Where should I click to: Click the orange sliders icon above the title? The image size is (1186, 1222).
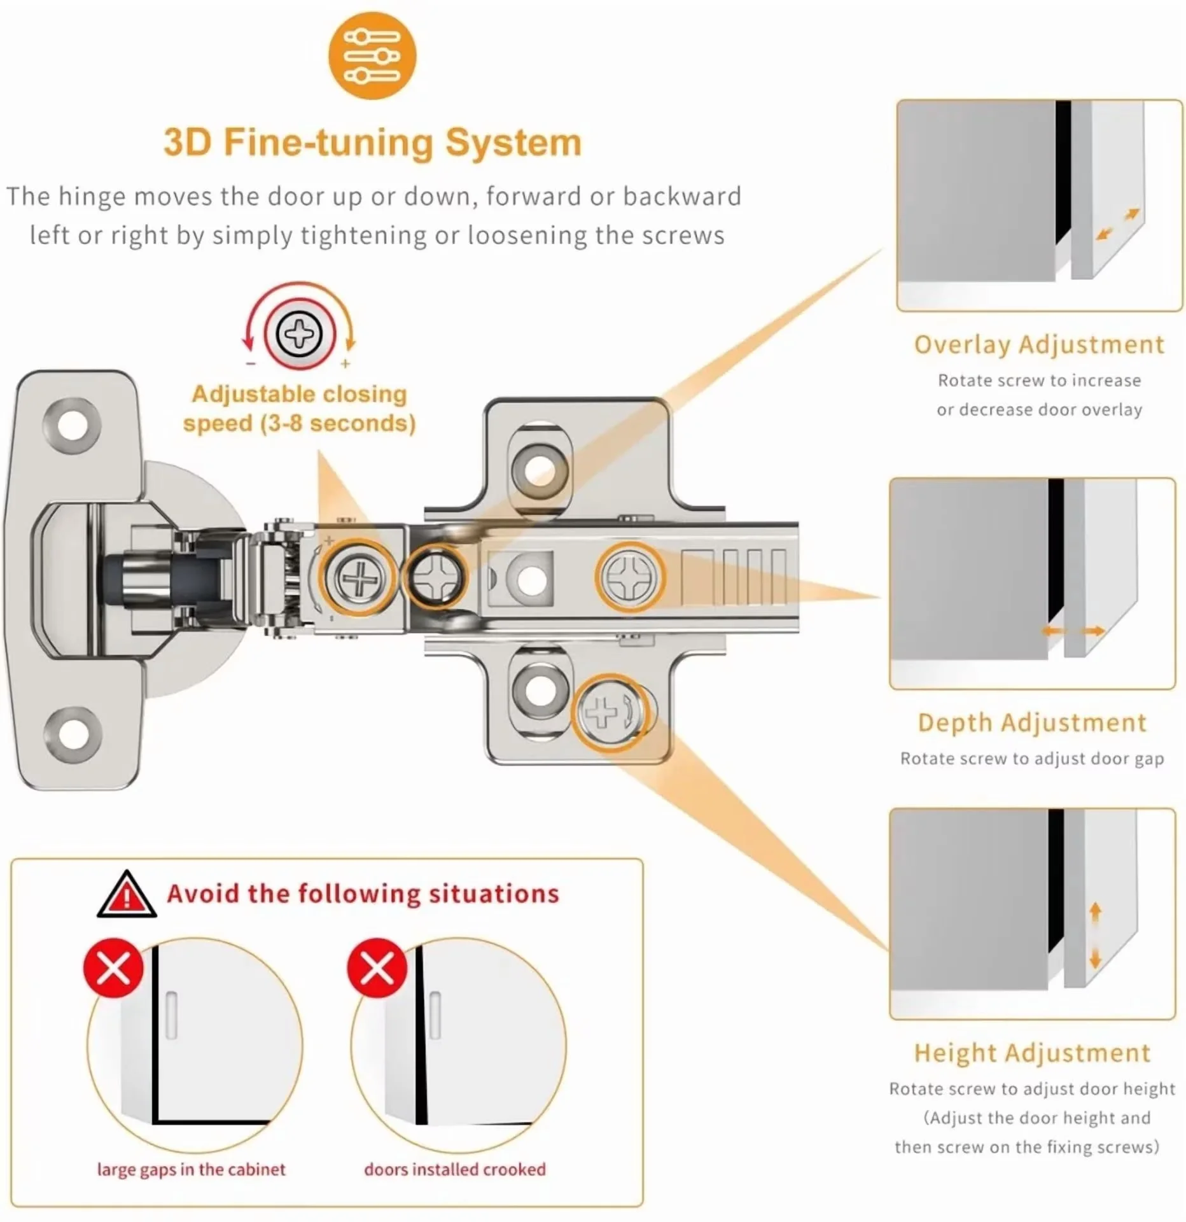click(x=372, y=56)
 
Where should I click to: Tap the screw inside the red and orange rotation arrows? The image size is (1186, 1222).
click(x=298, y=334)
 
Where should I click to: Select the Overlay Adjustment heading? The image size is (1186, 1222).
click(x=1038, y=345)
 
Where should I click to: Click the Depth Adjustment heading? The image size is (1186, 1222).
click(x=1032, y=723)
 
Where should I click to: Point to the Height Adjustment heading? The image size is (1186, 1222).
click(x=1032, y=1053)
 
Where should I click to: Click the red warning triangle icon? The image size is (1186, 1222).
click(x=127, y=894)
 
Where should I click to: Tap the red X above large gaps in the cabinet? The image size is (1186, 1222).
click(x=113, y=968)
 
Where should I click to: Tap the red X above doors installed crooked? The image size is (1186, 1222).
click(x=377, y=968)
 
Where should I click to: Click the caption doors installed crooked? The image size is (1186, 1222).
click(x=455, y=1169)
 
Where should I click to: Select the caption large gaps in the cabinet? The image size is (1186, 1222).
click(x=191, y=1170)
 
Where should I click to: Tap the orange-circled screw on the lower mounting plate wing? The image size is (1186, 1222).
click(x=611, y=712)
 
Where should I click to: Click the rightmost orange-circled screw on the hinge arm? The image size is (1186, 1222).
click(x=630, y=577)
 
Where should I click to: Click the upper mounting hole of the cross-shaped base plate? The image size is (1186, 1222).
click(x=540, y=469)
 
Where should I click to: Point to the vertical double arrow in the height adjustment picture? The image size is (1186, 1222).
click(x=1095, y=936)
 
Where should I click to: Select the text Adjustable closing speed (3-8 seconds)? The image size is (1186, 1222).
click(x=299, y=409)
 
